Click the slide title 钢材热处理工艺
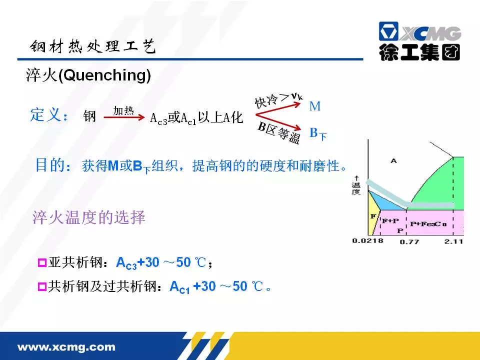pos(93,46)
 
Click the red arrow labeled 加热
pos(124,117)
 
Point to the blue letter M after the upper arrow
pos(314,106)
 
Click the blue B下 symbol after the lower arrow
pos(318,133)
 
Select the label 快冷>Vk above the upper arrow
pos(278,100)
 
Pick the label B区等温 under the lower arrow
pos(278,132)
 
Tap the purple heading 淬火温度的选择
pos(89,217)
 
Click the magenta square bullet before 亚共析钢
pos(42,262)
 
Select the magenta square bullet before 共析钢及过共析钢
pos(42,287)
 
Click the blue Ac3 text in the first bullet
pos(126,263)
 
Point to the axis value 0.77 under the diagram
pos(409,242)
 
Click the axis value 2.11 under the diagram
pos(453,241)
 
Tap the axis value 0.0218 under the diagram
pos(367,240)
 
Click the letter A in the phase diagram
pos(393,160)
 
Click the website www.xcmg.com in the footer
pos(66,347)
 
